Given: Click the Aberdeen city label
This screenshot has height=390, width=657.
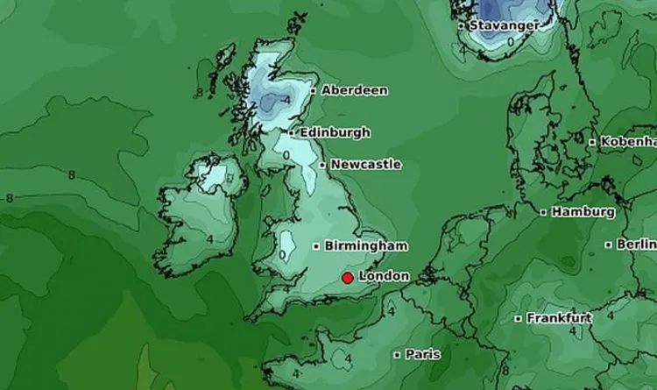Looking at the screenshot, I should point(355,90).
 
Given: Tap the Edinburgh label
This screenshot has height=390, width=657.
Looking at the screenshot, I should point(335,133).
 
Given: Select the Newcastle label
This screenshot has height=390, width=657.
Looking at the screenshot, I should point(366,165).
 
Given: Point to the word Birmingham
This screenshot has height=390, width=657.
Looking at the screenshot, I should point(365,245).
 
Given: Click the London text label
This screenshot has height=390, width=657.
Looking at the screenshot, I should point(385,276).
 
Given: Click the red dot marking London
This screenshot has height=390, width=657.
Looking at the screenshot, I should point(348,278).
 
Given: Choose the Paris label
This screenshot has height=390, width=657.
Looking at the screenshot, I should point(422,355).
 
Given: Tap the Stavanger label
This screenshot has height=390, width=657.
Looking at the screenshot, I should point(504,25).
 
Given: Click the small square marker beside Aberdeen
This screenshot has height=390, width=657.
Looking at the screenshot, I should point(314,90).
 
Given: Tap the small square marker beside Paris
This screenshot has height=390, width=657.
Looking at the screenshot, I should point(397,355).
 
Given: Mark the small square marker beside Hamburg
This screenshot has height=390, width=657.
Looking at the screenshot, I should point(544,212).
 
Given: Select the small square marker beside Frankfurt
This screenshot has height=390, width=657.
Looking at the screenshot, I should point(519,318).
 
